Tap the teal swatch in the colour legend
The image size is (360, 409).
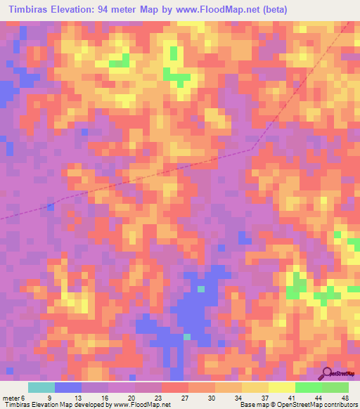[x=41, y=387]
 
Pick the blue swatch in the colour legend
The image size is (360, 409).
[x=68, y=387]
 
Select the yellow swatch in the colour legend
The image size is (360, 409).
[x=281, y=387]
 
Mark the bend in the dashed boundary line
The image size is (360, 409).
[x=252, y=149]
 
